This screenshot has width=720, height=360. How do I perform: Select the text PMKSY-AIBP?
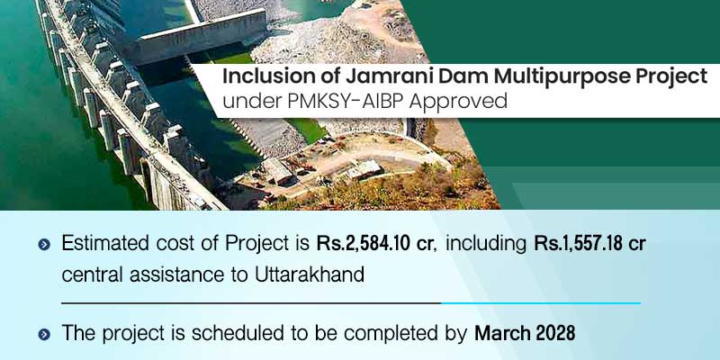tap(338, 102)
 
